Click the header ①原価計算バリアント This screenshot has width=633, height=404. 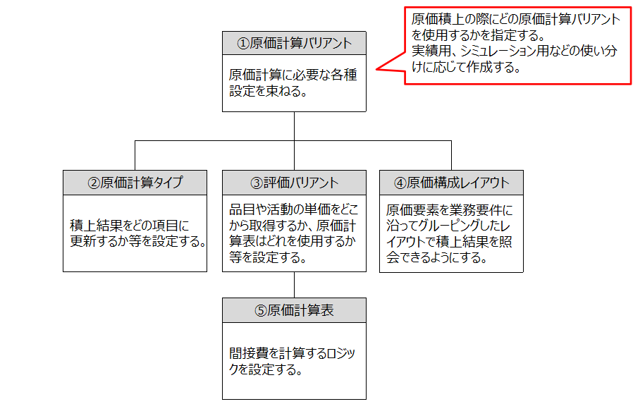pyautogui.click(x=294, y=43)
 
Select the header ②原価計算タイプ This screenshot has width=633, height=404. pyautogui.click(x=135, y=183)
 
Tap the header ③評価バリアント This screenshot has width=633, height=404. pyautogui.click(x=294, y=183)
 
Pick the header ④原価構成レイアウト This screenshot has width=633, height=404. pyautogui.click(x=451, y=183)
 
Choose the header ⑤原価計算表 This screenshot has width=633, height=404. pyautogui.click(x=294, y=310)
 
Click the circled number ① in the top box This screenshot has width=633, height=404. pyautogui.click(x=242, y=43)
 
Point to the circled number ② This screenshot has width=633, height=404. pyautogui.click(x=93, y=183)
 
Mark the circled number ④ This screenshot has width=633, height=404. pyautogui.click(x=400, y=183)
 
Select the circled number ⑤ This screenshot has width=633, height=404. pyautogui.click(x=261, y=310)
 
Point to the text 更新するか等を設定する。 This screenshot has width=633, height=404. pyautogui.click(x=137, y=242)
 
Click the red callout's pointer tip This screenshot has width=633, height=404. pyautogui.click(x=376, y=69)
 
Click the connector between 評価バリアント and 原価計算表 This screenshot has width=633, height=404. pyautogui.click(x=294, y=285)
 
